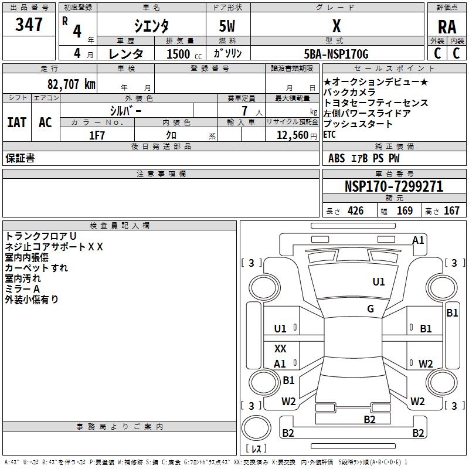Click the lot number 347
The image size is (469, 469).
pyautogui.click(x=29, y=24)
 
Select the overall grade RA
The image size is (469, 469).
pyautogui.click(x=447, y=27)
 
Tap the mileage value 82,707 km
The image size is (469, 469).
pyautogui.click(x=72, y=84)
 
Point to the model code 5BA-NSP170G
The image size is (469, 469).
pyautogui.click(x=336, y=54)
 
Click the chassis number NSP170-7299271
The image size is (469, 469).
pyautogui.click(x=394, y=186)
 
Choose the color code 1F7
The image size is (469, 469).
pyautogui.click(x=97, y=135)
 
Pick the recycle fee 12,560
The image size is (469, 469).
pyautogui.click(x=293, y=135)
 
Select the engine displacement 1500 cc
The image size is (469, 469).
pyautogui.click(x=184, y=54)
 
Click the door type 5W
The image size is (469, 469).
pyautogui.click(x=227, y=26)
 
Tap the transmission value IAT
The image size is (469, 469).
pyautogui.click(x=17, y=123)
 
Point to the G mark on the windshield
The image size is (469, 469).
pyautogui.click(x=371, y=309)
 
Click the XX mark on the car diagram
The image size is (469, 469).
pyautogui.click(x=280, y=348)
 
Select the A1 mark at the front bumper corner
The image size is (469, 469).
pyautogui.click(x=418, y=240)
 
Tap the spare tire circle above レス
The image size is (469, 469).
pyautogui.click(x=256, y=427)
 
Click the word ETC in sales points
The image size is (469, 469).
pyautogui.click(x=329, y=135)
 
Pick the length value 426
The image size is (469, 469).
pyautogui.click(x=356, y=211)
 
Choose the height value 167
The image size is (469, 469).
pyautogui.click(x=451, y=211)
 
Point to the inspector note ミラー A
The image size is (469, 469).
pyautogui.click(x=22, y=289)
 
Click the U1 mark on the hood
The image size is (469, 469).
pyautogui.click(x=379, y=282)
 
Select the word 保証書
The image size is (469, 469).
pyautogui.click(x=20, y=158)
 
